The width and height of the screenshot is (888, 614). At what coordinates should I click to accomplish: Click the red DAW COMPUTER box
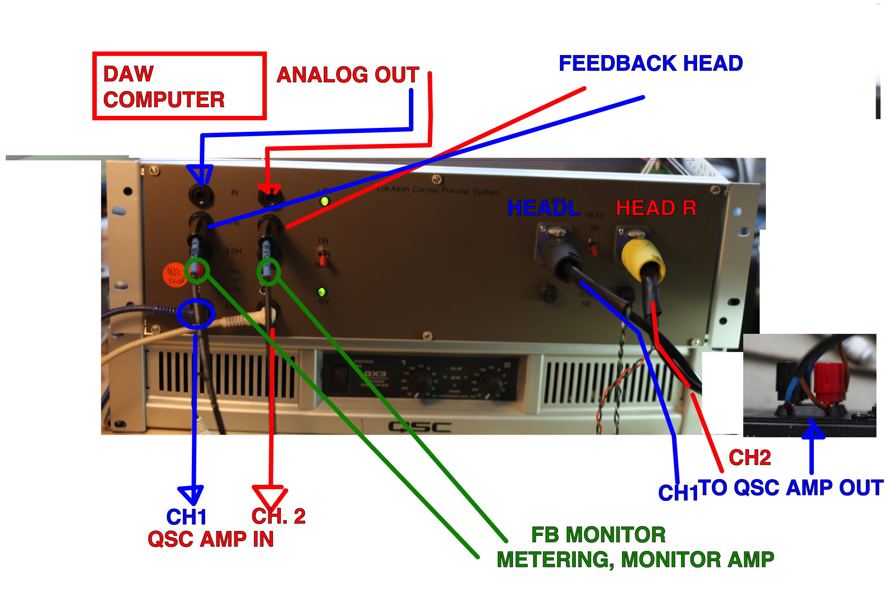coord(179,86)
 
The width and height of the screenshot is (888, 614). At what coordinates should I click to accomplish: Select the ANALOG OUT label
coord(348,75)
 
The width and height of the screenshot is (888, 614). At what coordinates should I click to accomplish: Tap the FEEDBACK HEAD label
coord(650,63)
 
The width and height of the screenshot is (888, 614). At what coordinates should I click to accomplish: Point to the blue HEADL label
coord(543,208)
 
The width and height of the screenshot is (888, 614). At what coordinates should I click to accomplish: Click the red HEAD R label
coord(656,208)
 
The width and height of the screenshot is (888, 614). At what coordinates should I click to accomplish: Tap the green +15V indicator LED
coord(325,201)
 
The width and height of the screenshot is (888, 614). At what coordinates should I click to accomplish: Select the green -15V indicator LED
coord(321,292)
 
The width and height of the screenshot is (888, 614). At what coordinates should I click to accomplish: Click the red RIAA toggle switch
coord(323,256)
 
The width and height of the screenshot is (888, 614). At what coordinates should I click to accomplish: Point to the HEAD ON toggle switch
coord(593,248)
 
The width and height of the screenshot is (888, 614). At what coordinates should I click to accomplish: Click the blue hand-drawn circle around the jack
coord(196,314)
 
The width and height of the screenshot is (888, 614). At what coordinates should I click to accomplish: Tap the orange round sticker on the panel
coord(174,276)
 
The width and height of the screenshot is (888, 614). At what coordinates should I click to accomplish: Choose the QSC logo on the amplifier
coord(420,427)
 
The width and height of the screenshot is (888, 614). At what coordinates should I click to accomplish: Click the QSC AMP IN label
coord(210,539)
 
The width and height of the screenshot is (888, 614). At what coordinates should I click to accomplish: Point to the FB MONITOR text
coord(598,535)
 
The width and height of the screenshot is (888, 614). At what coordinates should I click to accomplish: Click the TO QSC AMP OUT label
coord(790,487)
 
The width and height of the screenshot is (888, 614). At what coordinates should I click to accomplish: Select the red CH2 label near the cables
coord(749,457)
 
